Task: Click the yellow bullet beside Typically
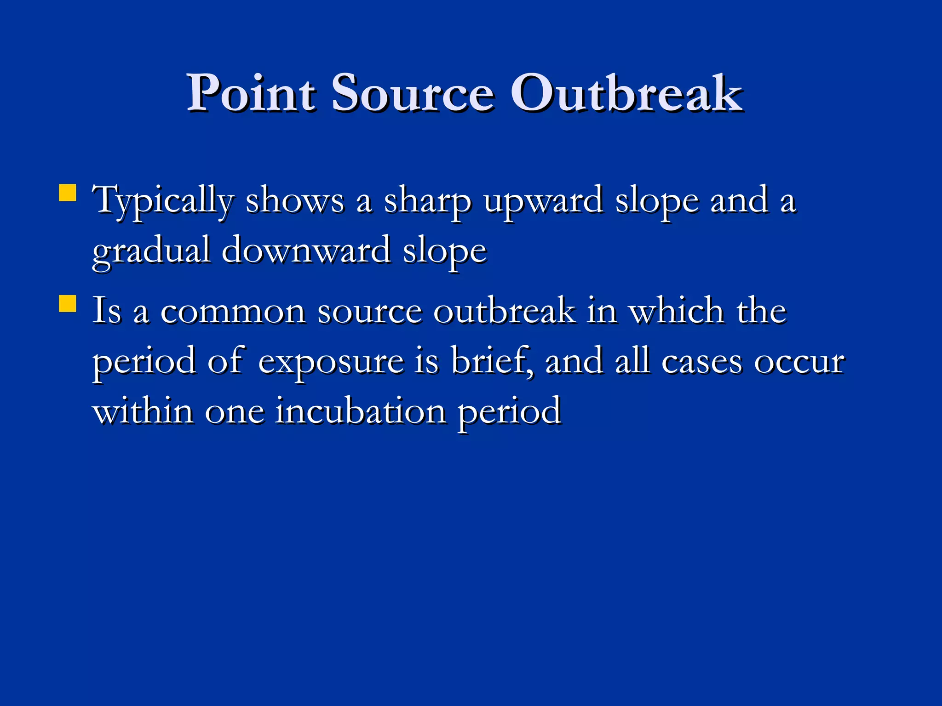(x=68, y=193)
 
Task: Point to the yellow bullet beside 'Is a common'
(x=68, y=303)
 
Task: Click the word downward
(x=306, y=251)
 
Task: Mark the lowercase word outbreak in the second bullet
(x=505, y=311)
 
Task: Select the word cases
(x=702, y=362)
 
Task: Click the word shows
(x=295, y=201)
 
